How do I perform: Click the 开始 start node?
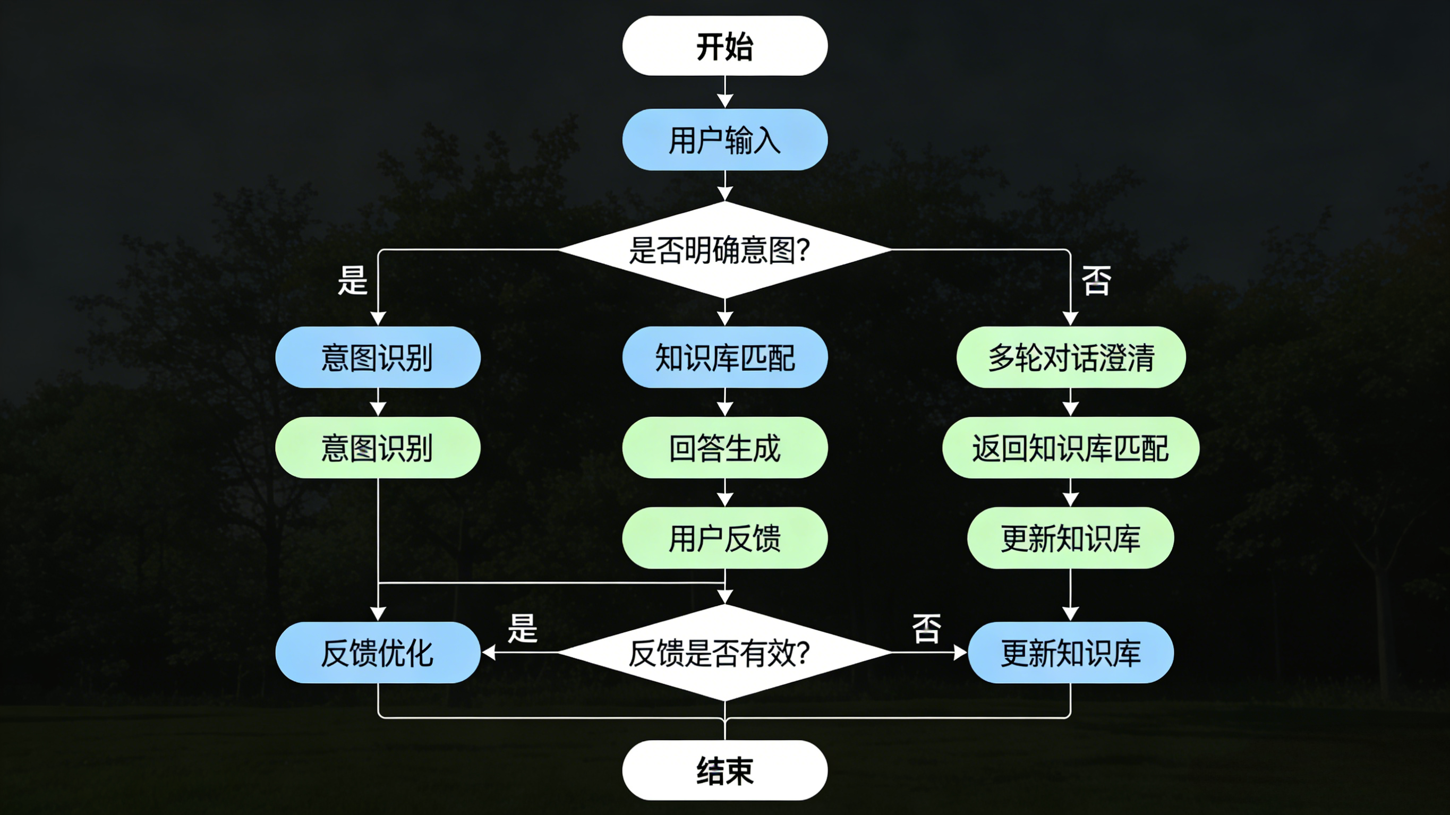[x=724, y=46]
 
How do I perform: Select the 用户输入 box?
[x=724, y=140]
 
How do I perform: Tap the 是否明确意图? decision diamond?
[x=724, y=250]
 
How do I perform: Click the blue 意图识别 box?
[x=377, y=357]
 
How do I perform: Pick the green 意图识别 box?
[x=377, y=448]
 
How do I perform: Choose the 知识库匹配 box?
[x=724, y=357]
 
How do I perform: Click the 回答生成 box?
[x=724, y=448]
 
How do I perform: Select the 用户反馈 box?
[x=724, y=537]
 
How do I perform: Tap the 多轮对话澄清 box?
[x=1071, y=357]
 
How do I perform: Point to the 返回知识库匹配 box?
[x=1071, y=448]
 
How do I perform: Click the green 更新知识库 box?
[x=1071, y=537]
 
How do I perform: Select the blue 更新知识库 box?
[x=1071, y=653]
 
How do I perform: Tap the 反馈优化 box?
[x=377, y=653]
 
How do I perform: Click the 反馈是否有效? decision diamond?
[x=724, y=653]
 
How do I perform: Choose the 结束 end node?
[x=724, y=770]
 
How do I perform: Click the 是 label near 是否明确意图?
[x=352, y=280]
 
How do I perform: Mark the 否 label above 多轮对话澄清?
[x=1096, y=280]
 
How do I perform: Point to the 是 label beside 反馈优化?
[x=522, y=628]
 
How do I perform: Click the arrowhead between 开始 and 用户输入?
[x=724, y=101]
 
